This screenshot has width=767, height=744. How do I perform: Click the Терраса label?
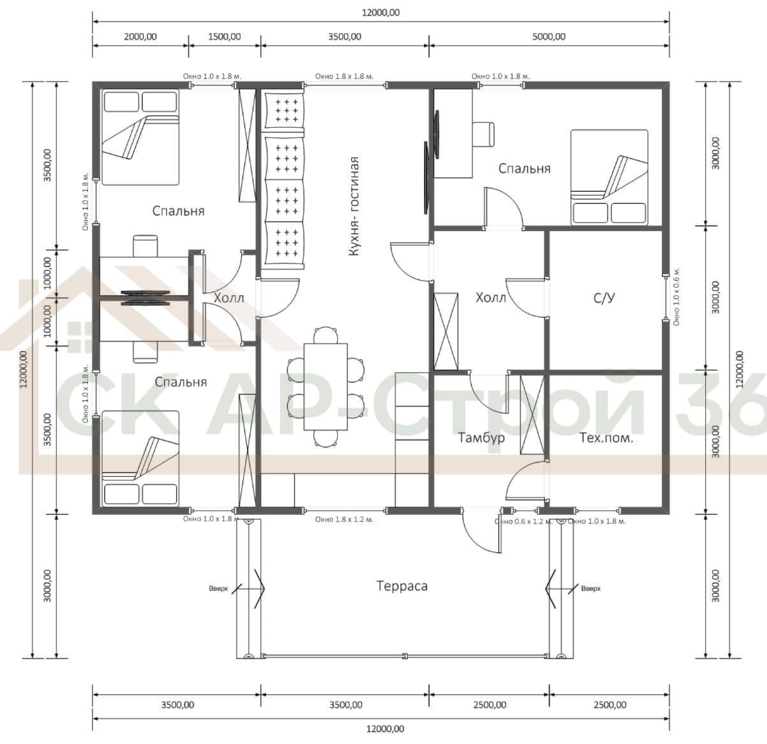(x=402, y=586)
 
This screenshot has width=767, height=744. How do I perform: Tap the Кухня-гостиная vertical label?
(x=354, y=206)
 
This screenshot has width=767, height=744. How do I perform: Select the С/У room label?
(x=604, y=298)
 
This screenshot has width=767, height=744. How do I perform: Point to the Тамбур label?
(x=481, y=438)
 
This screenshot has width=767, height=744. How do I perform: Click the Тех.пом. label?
(x=606, y=438)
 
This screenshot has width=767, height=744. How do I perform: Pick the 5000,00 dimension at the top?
(x=549, y=37)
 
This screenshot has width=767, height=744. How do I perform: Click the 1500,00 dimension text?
(x=224, y=37)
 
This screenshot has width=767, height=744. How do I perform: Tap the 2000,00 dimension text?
(x=140, y=37)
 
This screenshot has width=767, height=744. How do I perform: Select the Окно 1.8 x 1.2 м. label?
(x=344, y=520)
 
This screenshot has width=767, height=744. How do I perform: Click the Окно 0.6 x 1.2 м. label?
(x=523, y=522)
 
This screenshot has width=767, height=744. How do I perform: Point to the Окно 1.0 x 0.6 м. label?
(x=677, y=297)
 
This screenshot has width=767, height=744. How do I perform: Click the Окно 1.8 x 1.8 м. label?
(x=344, y=76)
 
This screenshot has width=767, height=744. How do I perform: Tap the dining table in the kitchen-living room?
(x=325, y=387)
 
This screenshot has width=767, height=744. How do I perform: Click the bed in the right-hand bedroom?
(x=609, y=178)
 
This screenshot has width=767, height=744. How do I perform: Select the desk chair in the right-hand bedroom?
(x=483, y=134)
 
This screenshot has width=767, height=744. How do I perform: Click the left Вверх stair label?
(x=218, y=589)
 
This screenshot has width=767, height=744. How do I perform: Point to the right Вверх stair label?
(x=591, y=589)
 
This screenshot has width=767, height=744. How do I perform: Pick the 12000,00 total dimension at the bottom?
(x=385, y=729)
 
